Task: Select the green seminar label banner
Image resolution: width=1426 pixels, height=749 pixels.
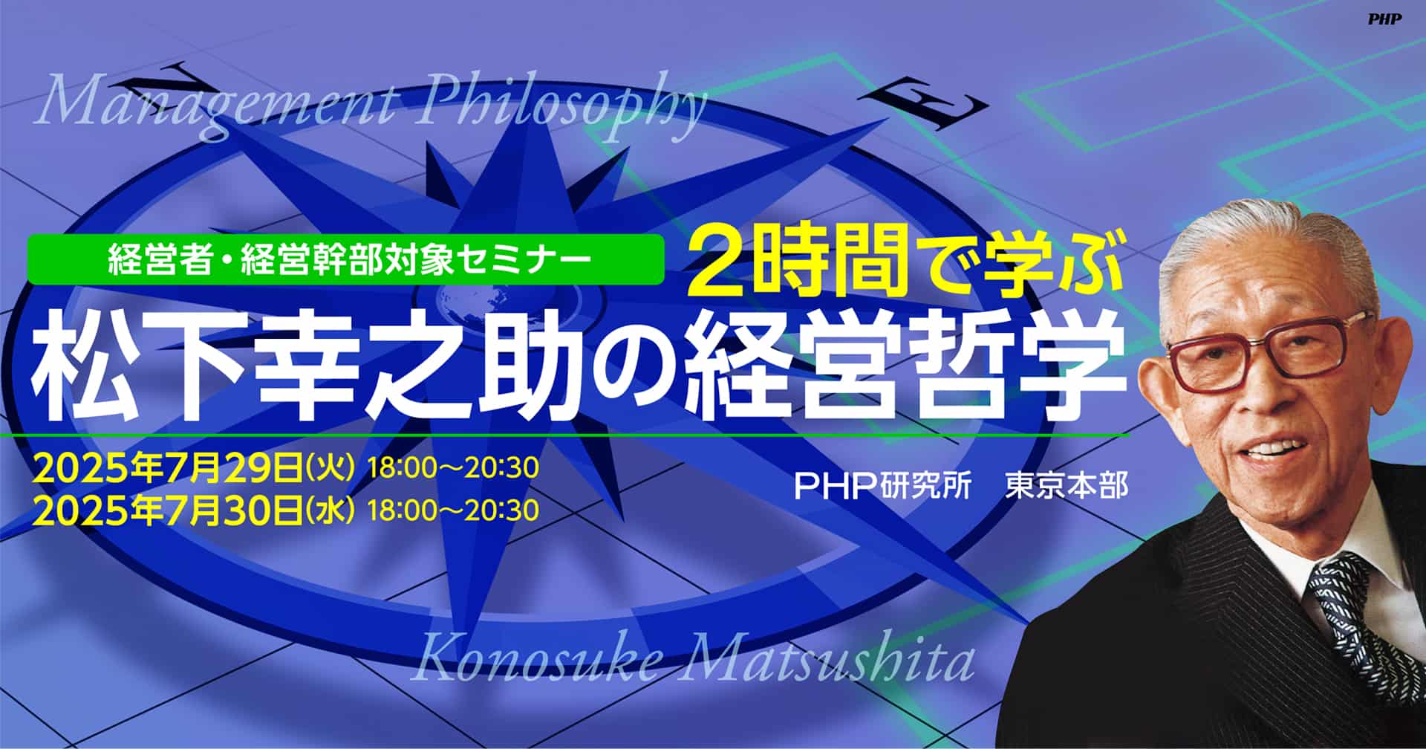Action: click(345, 259)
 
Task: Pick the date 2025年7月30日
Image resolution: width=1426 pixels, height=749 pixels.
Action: click(167, 510)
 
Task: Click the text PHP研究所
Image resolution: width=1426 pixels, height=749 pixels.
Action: click(883, 486)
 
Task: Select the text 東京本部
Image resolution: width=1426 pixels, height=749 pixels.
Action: click(1067, 486)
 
